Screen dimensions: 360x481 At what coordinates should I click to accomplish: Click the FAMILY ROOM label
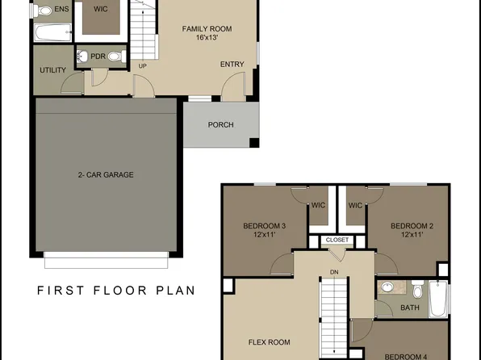coord(207,29)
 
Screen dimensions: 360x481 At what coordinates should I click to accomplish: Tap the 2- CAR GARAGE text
coord(106,174)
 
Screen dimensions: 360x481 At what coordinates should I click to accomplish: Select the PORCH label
coord(220,125)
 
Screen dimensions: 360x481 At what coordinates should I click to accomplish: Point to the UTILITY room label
coord(52,70)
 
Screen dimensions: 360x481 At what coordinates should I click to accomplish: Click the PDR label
coord(98,57)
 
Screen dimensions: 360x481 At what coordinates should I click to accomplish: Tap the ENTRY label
coord(232,65)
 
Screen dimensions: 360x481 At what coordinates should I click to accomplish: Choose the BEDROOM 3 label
coord(265,225)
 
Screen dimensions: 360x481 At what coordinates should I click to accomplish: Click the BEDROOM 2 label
coord(412,225)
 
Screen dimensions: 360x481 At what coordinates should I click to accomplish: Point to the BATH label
coord(410,308)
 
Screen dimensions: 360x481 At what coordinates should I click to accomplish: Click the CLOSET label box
coord(337,241)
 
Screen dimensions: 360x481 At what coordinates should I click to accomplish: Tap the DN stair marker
coord(334,272)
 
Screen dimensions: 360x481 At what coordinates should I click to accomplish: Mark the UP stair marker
coord(143,66)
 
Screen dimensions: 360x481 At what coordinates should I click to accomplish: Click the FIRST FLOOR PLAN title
coord(116,290)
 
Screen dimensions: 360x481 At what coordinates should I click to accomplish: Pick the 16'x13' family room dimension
coord(207,38)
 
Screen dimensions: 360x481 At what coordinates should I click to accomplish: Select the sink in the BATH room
coord(387,287)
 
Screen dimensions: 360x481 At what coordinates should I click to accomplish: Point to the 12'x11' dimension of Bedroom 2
coord(412,235)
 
